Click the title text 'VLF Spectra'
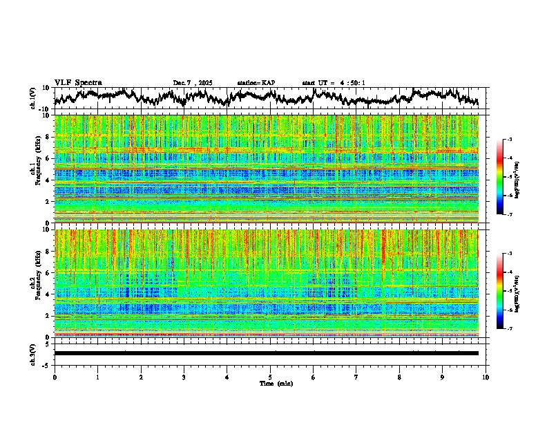point(78,82)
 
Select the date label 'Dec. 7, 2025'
point(193,83)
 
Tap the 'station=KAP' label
point(256,83)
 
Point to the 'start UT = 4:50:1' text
point(334,83)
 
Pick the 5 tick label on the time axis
point(270,377)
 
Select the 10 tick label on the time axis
point(486,377)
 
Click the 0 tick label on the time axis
point(55,377)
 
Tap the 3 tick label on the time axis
point(184,377)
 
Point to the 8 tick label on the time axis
point(399,377)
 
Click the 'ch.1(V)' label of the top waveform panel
point(33,98)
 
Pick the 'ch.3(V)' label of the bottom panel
point(33,353)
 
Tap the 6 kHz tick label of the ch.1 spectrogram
point(46,158)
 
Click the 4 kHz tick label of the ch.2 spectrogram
point(46,294)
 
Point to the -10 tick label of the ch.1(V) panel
point(43,109)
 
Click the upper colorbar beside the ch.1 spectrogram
point(501,178)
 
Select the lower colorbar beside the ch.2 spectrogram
point(501,292)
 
